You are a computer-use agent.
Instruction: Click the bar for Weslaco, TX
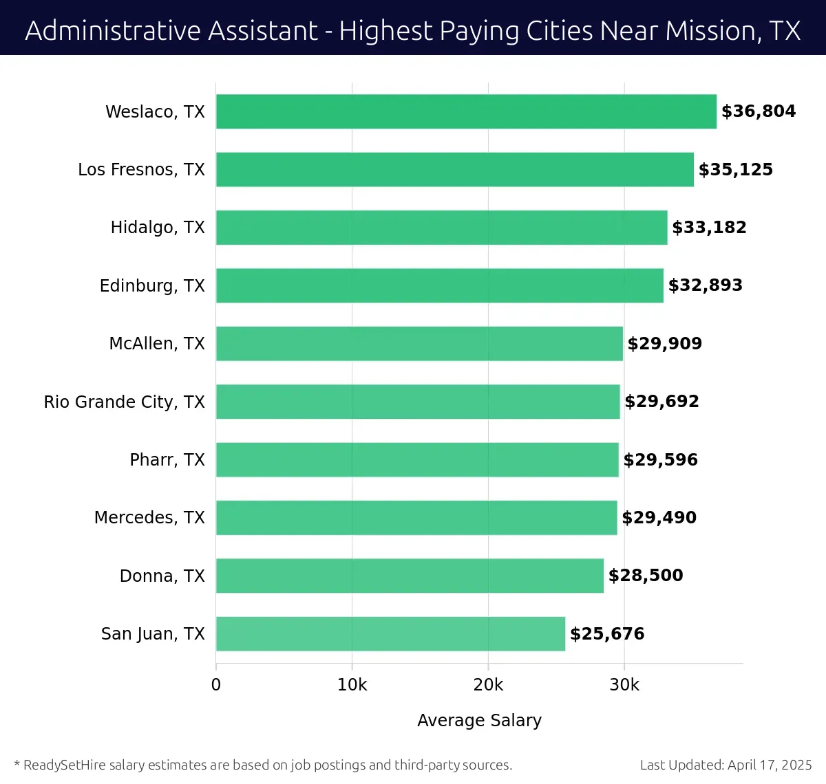[466, 111]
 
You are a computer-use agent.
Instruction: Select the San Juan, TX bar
[390, 633]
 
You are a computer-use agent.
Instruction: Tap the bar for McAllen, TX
[419, 343]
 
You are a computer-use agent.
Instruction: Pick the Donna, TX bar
[410, 576]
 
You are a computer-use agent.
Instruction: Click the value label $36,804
[758, 111]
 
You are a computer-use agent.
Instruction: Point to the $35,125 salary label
[735, 170]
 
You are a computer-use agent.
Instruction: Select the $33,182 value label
[709, 228]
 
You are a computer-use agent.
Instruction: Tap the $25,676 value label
[607, 633]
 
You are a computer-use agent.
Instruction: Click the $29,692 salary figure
[661, 402]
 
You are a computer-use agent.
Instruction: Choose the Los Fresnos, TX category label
[141, 170]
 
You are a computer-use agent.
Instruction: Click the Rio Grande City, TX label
[124, 402]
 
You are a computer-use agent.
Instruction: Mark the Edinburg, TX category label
[152, 285]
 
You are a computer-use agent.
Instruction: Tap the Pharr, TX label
[167, 459]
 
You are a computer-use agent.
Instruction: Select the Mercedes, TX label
[149, 517]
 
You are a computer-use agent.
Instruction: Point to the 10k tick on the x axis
[352, 685]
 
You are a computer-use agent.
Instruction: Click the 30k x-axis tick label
[624, 685]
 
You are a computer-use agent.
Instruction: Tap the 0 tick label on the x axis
[216, 685]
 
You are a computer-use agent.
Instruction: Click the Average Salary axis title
[479, 720]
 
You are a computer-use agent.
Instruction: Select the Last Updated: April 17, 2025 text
[726, 765]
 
